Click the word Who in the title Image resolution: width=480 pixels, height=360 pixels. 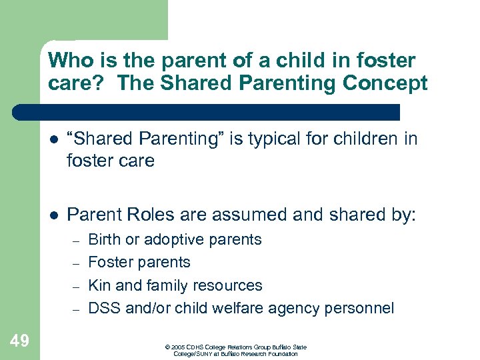70,61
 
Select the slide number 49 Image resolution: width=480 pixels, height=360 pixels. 19,341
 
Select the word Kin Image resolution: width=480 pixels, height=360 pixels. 99,285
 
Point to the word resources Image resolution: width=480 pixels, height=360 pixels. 229,285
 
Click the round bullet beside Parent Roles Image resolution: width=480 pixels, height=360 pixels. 53,215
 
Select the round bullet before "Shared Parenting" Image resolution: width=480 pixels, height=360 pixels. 53,139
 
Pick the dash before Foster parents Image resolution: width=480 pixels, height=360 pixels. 77,263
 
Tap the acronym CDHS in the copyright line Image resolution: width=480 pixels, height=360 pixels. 194,347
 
